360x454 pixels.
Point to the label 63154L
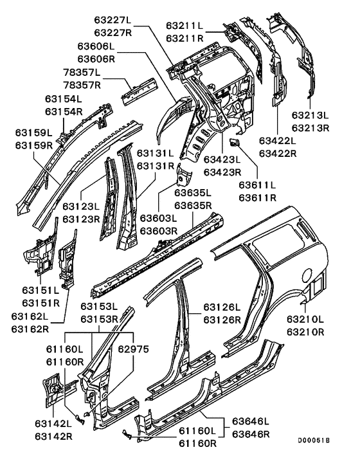tap(64, 99)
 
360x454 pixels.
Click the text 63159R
tap(34, 145)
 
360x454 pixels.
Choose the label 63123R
tap(81, 219)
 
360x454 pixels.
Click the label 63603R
tap(159, 230)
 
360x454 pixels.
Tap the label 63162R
tap(30, 329)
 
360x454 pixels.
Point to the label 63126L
tap(222, 307)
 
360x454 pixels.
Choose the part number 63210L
tap(305, 319)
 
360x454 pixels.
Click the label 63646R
tap(251, 435)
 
